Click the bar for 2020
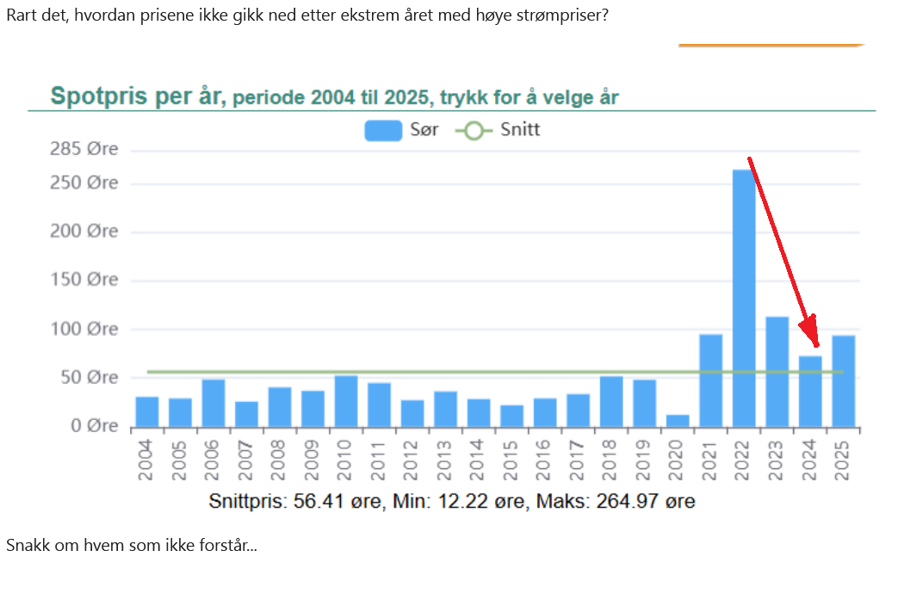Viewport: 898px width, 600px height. [678, 420]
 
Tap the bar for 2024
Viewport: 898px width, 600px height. [810, 391]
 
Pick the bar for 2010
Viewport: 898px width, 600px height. [346, 400]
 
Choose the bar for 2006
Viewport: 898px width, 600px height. [214, 402]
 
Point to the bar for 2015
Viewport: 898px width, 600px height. [512, 416]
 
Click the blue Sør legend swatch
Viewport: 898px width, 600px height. [383, 131]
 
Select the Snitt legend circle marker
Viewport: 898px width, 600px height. [474, 131]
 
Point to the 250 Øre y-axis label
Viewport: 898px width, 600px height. [84, 183]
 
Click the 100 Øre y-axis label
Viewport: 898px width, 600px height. [84, 329]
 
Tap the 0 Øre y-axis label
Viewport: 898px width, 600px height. [91, 426]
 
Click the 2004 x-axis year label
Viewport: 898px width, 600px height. [146, 460]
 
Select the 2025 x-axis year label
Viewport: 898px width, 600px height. [844, 460]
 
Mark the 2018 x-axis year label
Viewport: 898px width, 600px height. [611, 460]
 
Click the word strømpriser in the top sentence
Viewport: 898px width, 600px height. [560, 15]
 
